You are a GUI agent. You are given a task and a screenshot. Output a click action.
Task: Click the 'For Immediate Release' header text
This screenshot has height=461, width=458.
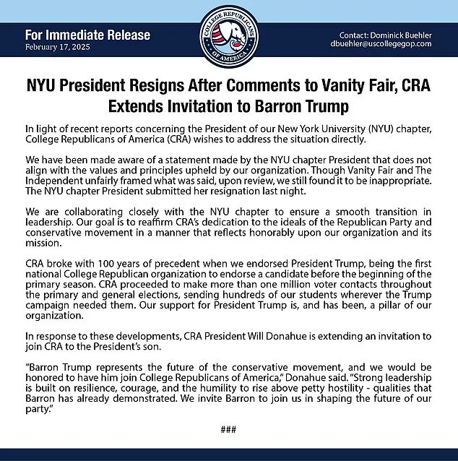pos(87,35)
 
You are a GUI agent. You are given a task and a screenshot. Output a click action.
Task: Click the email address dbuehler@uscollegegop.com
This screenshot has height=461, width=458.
pos(382,44)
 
